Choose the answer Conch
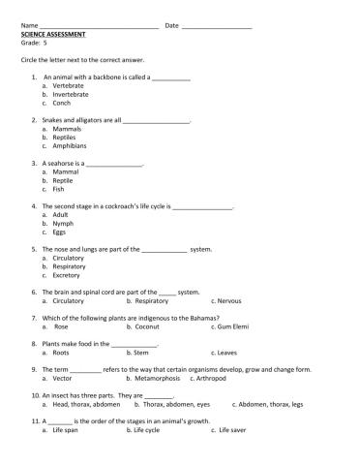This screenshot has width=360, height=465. point(62,102)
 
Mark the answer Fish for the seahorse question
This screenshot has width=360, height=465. point(59,189)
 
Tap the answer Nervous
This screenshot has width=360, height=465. point(229,300)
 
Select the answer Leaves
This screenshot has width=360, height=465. point(227,353)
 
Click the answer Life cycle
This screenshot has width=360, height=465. point(146,430)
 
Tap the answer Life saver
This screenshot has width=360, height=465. point(233,430)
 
